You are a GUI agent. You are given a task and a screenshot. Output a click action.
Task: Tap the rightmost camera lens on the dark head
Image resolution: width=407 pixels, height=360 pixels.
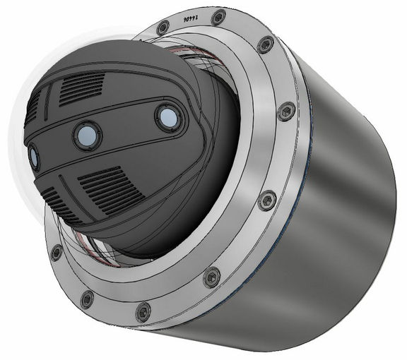[x=167, y=117]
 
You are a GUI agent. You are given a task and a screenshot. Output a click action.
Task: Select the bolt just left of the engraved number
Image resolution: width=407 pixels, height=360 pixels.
[x=163, y=28]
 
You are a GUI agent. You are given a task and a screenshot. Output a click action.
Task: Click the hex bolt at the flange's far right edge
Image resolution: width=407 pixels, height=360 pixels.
[x=285, y=112]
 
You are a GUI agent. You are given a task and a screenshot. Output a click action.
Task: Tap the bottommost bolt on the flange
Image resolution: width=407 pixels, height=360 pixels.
[x=143, y=311]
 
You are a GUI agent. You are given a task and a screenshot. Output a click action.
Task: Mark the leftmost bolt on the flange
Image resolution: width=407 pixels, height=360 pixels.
[x=56, y=252]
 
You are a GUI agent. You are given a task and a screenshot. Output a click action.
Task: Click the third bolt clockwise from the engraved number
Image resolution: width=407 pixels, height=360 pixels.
[x=267, y=200]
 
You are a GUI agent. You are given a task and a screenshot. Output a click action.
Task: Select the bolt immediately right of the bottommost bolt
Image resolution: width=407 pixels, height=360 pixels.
[x=211, y=277]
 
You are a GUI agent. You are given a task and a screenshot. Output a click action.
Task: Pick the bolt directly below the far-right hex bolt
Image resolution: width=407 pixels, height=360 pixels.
[x=267, y=200]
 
